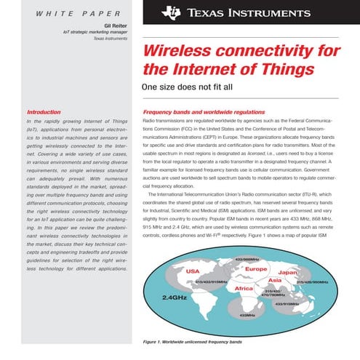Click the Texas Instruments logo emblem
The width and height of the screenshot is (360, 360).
(x=171, y=12)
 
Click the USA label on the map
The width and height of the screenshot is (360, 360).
(x=193, y=271)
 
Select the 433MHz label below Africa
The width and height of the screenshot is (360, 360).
(x=247, y=315)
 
